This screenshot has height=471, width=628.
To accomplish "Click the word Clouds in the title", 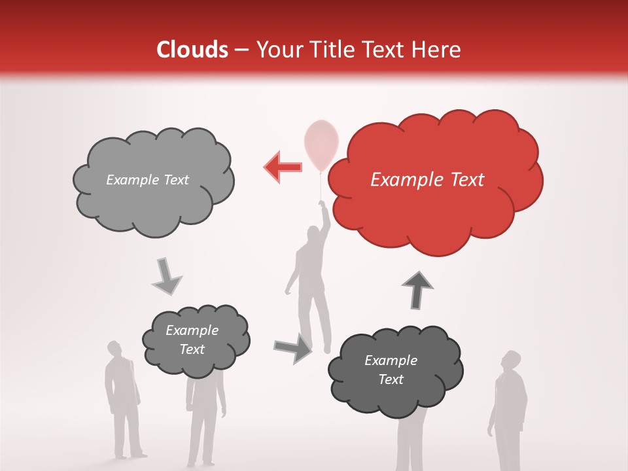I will click(192, 50).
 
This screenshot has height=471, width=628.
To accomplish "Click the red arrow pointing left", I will click(283, 166).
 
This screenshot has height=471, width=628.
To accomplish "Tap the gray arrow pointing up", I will click(417, 288).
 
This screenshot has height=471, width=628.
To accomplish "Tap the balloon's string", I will click(321, 186).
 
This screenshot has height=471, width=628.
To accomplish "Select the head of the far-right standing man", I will click(512, 361).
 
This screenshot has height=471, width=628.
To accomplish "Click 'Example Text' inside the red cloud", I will click(427, 180).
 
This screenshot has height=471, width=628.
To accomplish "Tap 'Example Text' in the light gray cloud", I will click(147, 180).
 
